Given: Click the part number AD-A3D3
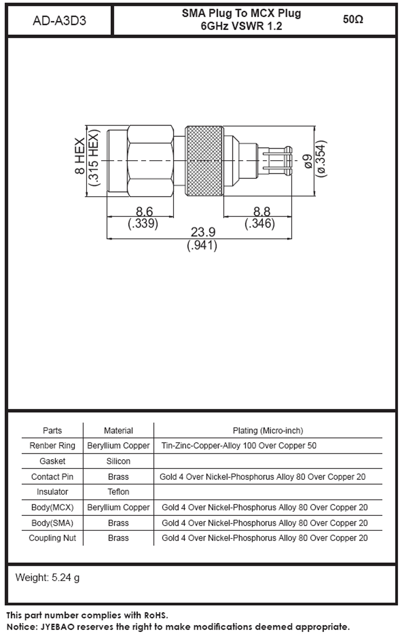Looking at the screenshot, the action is (59, 21).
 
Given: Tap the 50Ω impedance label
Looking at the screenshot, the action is (352, 20).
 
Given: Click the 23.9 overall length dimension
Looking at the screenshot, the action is (203, 232).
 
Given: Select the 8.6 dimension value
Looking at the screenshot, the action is (144, 212).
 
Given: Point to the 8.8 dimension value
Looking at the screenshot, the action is (261, 212).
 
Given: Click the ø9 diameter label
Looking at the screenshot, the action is (308, 161).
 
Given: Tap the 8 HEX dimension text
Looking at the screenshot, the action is (79, 156).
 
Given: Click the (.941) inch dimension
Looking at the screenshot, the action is (202, 245).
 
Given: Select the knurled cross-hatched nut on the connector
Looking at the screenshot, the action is (204, 161).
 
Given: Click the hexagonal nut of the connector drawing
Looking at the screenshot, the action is (150, 161).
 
